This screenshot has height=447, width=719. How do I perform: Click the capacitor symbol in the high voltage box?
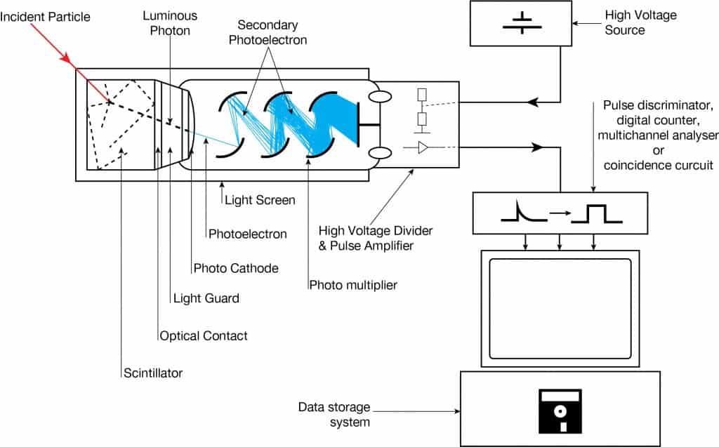(x=522, y=21)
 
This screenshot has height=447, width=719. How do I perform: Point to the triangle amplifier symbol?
(x=423, y=147)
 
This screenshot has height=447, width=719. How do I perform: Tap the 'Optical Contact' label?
(x=204, y=336)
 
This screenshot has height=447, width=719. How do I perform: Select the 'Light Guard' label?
(x=206, y=298)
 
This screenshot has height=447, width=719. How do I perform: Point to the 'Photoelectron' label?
(x=248, y=234)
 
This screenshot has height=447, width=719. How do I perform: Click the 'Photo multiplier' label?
(x=353, y=285)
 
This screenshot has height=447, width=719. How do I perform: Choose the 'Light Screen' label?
(x=260, y=200)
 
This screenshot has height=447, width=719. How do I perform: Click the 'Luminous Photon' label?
(x=170, y=22)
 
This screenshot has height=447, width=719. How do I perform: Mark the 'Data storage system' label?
(x=334, y=414)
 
